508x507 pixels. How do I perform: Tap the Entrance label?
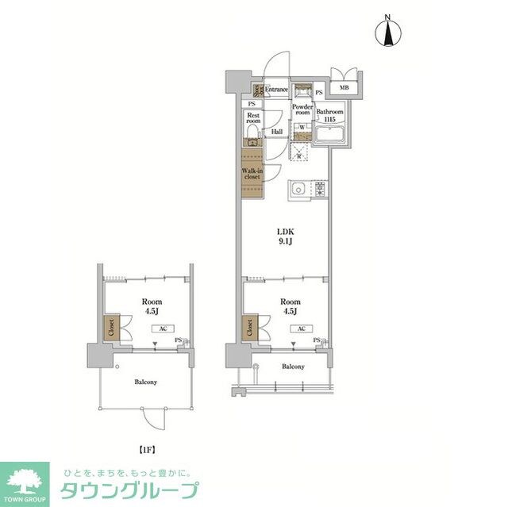(x=276, y=90)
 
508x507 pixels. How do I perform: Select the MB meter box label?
(x=344, y=88)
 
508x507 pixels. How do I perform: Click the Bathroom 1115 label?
(x=329, y=116)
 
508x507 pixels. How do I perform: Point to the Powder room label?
(x=302, y=109)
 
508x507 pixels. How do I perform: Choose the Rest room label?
(x=253, y=118)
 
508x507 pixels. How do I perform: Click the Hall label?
(x=277, y=132)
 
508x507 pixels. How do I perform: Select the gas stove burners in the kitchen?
(x=319, y=189)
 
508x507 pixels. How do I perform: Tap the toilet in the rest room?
(x=252, y=140)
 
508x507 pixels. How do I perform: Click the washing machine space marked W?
(x=302, y=127)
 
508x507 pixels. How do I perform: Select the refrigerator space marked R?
(x=300, y=153)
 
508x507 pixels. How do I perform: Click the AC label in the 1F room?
(x=161, y=328)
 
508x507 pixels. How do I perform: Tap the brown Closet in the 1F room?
(x=109, y=327)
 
